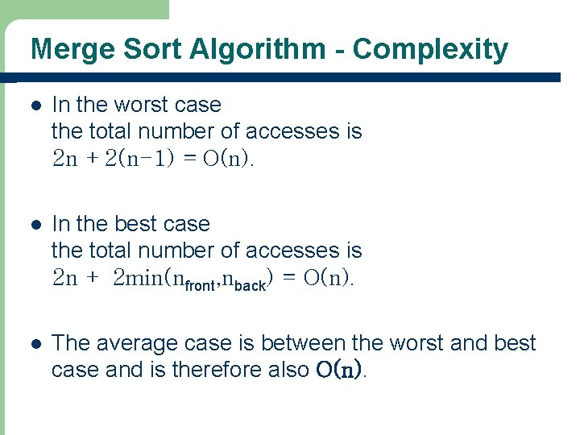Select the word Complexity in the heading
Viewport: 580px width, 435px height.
[430, 49]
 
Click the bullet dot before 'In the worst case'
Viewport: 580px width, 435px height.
[34, 106]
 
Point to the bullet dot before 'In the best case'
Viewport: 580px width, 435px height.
[34, 225]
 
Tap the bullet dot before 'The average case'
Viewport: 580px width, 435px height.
[34, 344]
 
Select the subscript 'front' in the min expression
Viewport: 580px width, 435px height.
[200, 285]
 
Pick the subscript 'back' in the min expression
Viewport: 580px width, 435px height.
[248, 285]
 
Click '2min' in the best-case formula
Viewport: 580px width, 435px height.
[138, 279]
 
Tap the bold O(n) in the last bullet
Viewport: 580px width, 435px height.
[338, 370]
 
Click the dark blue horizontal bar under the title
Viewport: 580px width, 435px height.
[290, 77]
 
